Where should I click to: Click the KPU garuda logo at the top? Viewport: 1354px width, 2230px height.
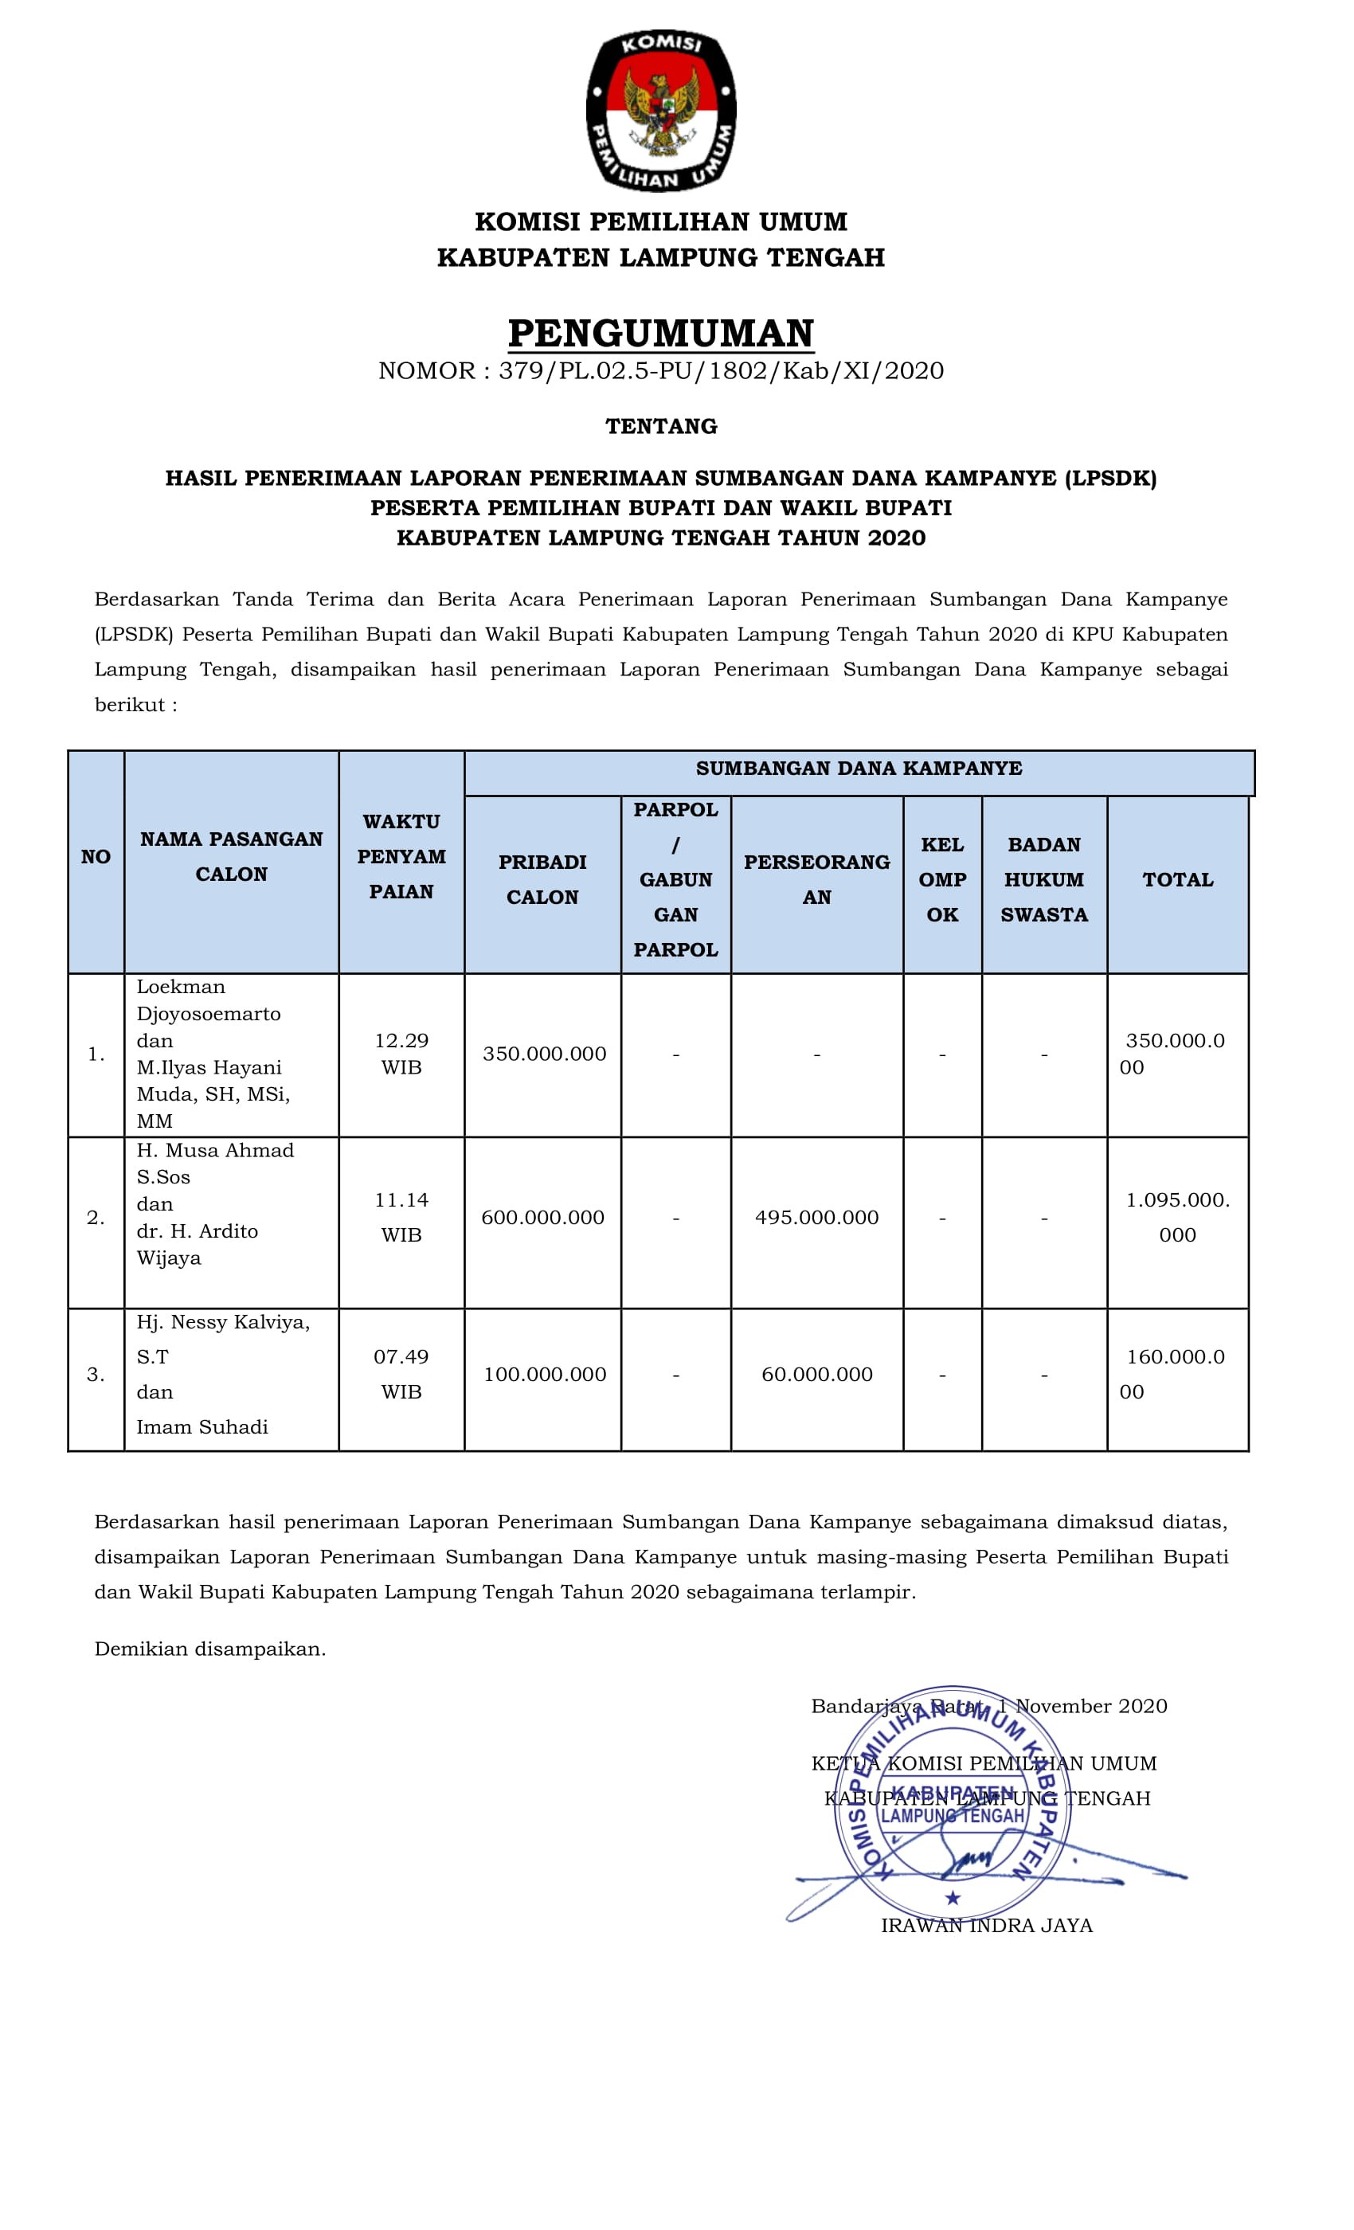pos(661,111)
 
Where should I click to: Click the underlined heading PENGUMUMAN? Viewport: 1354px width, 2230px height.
pos(661,333)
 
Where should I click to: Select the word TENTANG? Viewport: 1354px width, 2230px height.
pos(661,426)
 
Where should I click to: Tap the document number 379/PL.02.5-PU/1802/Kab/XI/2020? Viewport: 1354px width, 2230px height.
pos(721,371)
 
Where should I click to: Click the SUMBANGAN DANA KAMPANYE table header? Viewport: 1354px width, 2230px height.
pos(858,769)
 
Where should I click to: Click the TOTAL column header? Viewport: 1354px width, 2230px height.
pos(1176,880)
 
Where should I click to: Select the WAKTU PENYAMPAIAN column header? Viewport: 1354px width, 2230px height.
pos(401,856)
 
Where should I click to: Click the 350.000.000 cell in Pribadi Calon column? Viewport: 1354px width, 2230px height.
pos(544,1054)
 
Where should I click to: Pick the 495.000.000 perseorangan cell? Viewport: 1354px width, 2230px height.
pos(816,1217)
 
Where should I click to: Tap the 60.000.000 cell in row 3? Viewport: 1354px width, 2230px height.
pos(816,1374)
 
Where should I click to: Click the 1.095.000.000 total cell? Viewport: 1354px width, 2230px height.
pos(1176,1217)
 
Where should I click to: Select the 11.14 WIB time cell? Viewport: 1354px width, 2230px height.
pos(401,1217)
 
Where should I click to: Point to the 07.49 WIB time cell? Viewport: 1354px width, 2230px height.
pos(401,1374)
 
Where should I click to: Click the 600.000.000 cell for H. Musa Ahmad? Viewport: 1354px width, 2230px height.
pos(542,1217)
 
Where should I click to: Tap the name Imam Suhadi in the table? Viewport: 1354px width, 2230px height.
pos(202,1427)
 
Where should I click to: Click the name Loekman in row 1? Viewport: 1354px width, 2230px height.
pos(181,988)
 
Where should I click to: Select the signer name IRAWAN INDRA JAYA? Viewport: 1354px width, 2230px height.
pos(987,1926)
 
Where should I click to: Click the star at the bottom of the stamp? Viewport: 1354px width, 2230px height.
pos(952,1898)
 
